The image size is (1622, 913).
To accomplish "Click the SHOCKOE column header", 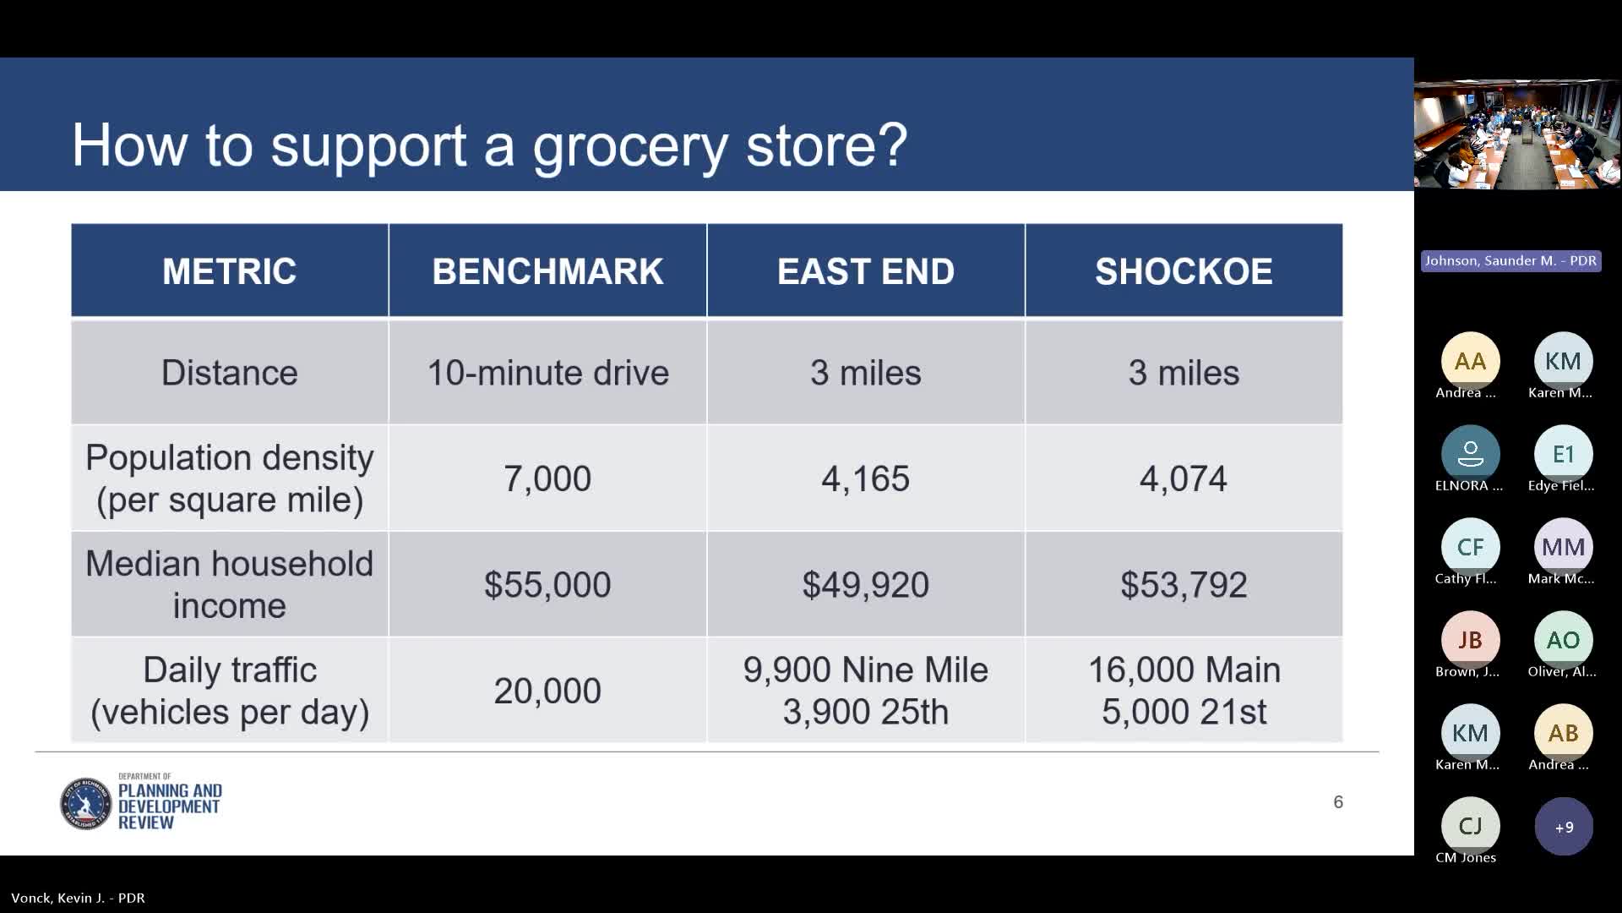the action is pos(1184,271).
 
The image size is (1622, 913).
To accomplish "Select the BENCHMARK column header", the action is pos(547,271).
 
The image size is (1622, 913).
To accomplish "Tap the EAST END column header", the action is pos(866,271).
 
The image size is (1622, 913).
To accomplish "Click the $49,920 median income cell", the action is pos(866,585).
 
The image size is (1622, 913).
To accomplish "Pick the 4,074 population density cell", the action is pos(1184,478).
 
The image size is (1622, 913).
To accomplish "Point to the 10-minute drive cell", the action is pos(547,373).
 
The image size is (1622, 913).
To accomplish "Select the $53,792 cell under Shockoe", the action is pos(1184,585).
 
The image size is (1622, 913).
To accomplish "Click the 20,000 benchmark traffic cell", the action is pos(547,691).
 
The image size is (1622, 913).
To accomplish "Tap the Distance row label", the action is pos(230,373).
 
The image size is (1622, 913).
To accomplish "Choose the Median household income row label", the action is pos(230,585).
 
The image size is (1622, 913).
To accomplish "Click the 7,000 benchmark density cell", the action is pos(547,478).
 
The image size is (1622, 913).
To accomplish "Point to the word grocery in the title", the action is pos(630,146).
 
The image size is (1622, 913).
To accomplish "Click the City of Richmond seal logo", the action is pos(86,803).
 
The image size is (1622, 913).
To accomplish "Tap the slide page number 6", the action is pos(1338,801).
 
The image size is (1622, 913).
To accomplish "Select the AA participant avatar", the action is pos(1470,361).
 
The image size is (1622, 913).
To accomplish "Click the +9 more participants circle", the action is pos(1564,827).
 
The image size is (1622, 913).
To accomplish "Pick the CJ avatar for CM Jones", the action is pos(1470,826).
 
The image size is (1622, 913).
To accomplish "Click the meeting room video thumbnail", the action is pos(1517,134).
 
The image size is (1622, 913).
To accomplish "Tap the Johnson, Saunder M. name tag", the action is pos(1510,261).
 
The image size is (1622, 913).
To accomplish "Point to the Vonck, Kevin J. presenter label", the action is pos(78,898).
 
